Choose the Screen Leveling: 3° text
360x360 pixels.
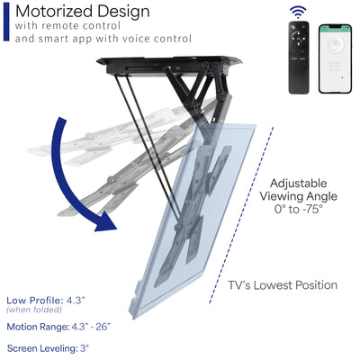tap(48, 347)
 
